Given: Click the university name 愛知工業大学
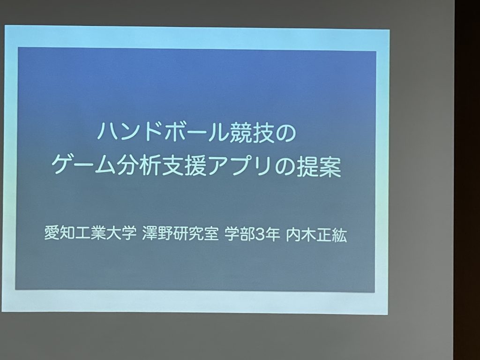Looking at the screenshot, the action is click(x=90, y=234).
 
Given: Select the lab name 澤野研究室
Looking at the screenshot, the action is click(x=180, y=234).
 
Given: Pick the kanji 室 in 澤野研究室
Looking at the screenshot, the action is click(x=211, y=235).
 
